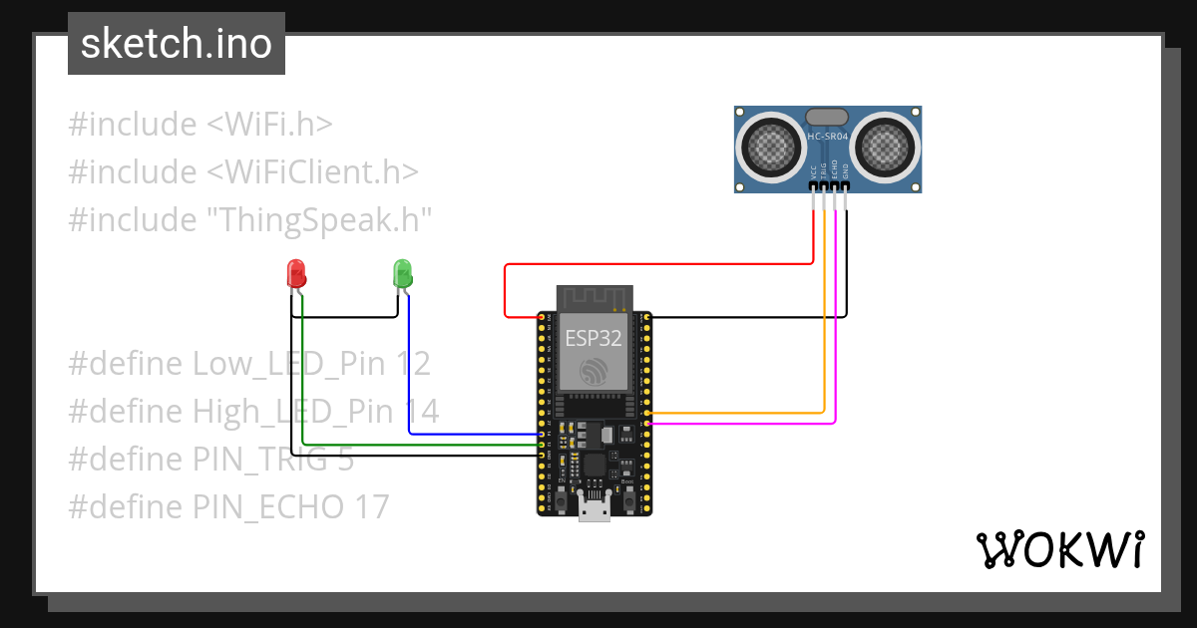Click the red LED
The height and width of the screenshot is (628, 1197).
pyautogui.click(x=295, y=273)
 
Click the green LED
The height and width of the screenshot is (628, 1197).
pyautogui.click(x=402, y=272)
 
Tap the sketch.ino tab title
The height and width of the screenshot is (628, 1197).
pyautogui.click(x=177, y=44)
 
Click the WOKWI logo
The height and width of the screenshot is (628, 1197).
pyautogui.click(x=1059, y=549)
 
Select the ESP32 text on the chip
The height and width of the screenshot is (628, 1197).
pyautogui.click(x=594, y=338)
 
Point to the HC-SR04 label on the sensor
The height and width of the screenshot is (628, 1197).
pyautogui.click(x=828, y=137)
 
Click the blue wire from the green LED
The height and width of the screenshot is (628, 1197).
pyautogui.click(x=469, y=435)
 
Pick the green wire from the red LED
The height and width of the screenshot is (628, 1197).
pyautogui.click(x=419, y=446)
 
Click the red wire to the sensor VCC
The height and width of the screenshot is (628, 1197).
pyautogui.click(x=658, y=264)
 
